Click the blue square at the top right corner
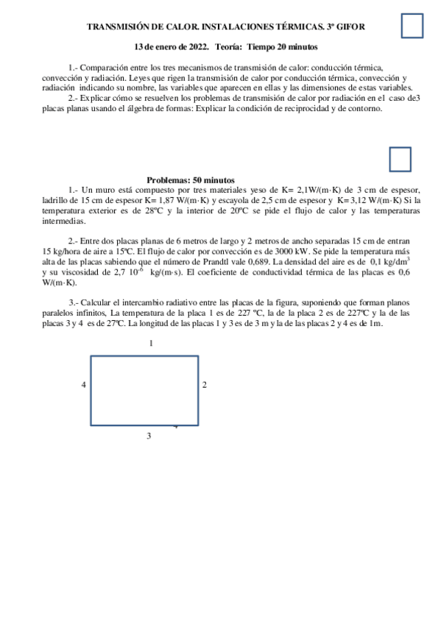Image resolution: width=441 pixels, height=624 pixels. (x=412, y=26)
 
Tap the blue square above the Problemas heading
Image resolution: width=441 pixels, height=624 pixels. (x=399, y=159)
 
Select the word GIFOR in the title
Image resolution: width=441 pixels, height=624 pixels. (x=350, y=26)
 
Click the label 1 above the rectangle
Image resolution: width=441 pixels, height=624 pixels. (x=151, y=344)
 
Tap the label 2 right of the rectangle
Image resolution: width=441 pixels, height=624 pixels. (x=204, y=385)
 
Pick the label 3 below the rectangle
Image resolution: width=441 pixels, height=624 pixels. (x=149, y=436)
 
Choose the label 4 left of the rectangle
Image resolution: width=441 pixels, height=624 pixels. (x=84, y=385)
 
